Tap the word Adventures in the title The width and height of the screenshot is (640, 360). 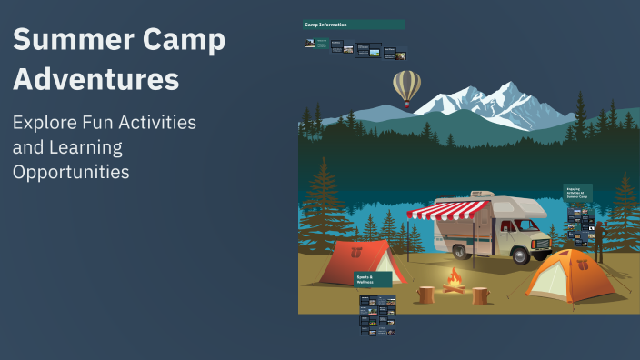[x=96, y=80]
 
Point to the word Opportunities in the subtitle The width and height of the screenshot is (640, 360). [x=71, y=171]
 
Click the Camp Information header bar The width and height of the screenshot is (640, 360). [x=354, y=25]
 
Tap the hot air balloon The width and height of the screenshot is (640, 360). [x=406, y=88]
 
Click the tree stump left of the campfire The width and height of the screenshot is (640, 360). [x=425, y=295]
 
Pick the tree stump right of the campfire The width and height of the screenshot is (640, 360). [x=480, y=295]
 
